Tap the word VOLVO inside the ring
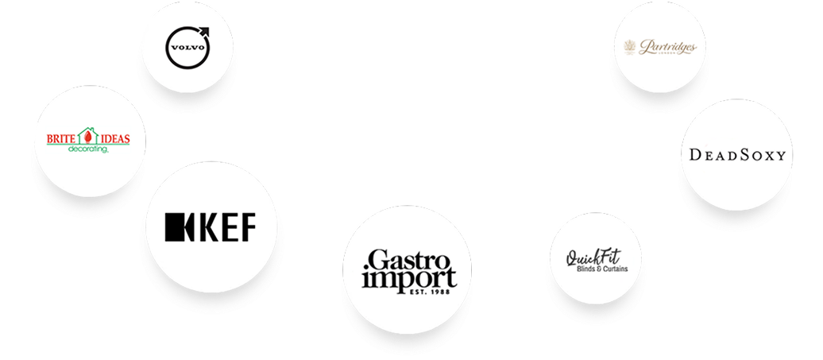185,45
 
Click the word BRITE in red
60,139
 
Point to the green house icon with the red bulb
86,137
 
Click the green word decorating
87,149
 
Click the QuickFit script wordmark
593,257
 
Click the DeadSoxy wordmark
732,155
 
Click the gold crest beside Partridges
632,48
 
